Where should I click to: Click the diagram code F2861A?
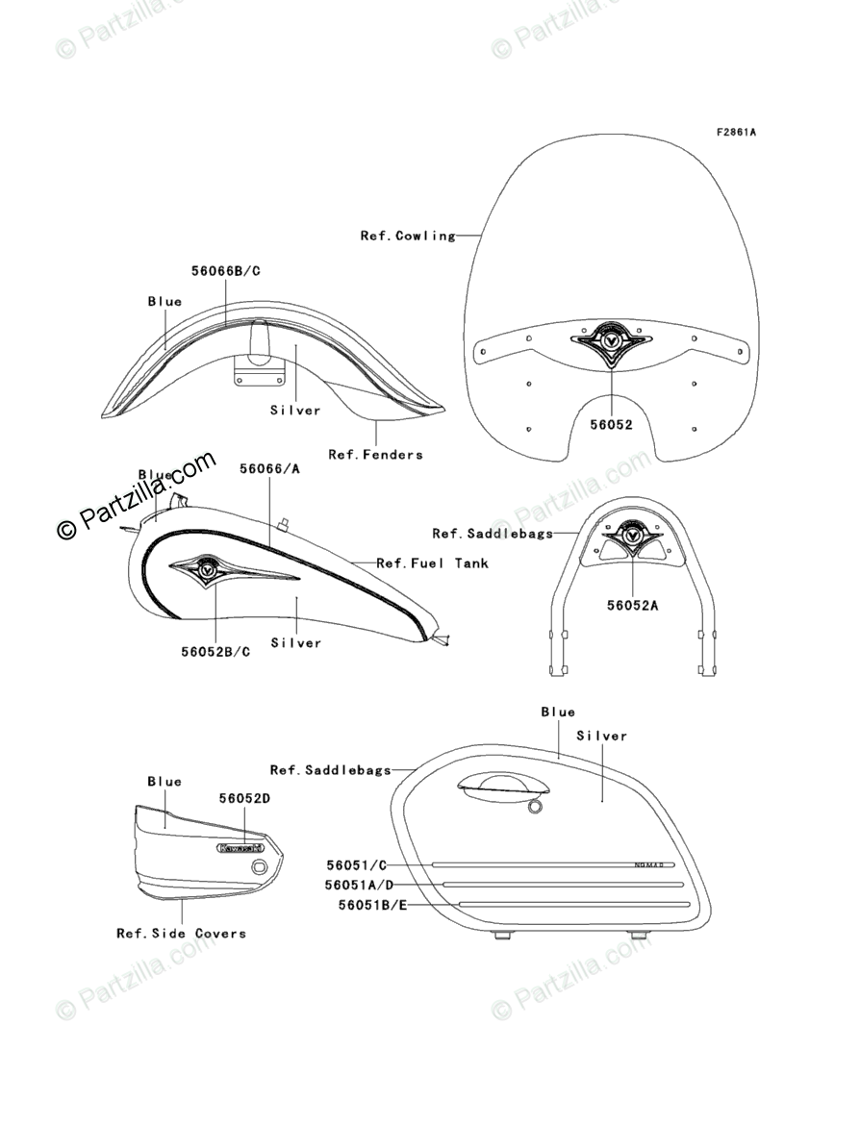(x=735, y=132)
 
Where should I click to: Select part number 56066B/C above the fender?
(x=226, y=271)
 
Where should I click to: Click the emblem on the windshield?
(x=611, y=343)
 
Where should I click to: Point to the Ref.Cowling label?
(x=408, y=235)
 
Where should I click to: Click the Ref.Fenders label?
(x=375, y=454)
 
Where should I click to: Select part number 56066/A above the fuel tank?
(x=269, y=468)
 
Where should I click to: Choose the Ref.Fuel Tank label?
(x=432, y=562)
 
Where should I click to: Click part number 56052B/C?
(x=215, y=651)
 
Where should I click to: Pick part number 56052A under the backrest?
(x=634, y=605)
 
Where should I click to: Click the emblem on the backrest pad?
(x=632, y=535)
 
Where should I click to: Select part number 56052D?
(x=244, y=799)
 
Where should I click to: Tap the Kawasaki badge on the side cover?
(x=240, y=847)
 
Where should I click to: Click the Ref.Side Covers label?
(x=181, y=933)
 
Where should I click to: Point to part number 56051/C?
(x=356, y=865)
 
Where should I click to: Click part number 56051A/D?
(x=359, y=885)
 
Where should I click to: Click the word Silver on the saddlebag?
(x=601, y=736)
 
